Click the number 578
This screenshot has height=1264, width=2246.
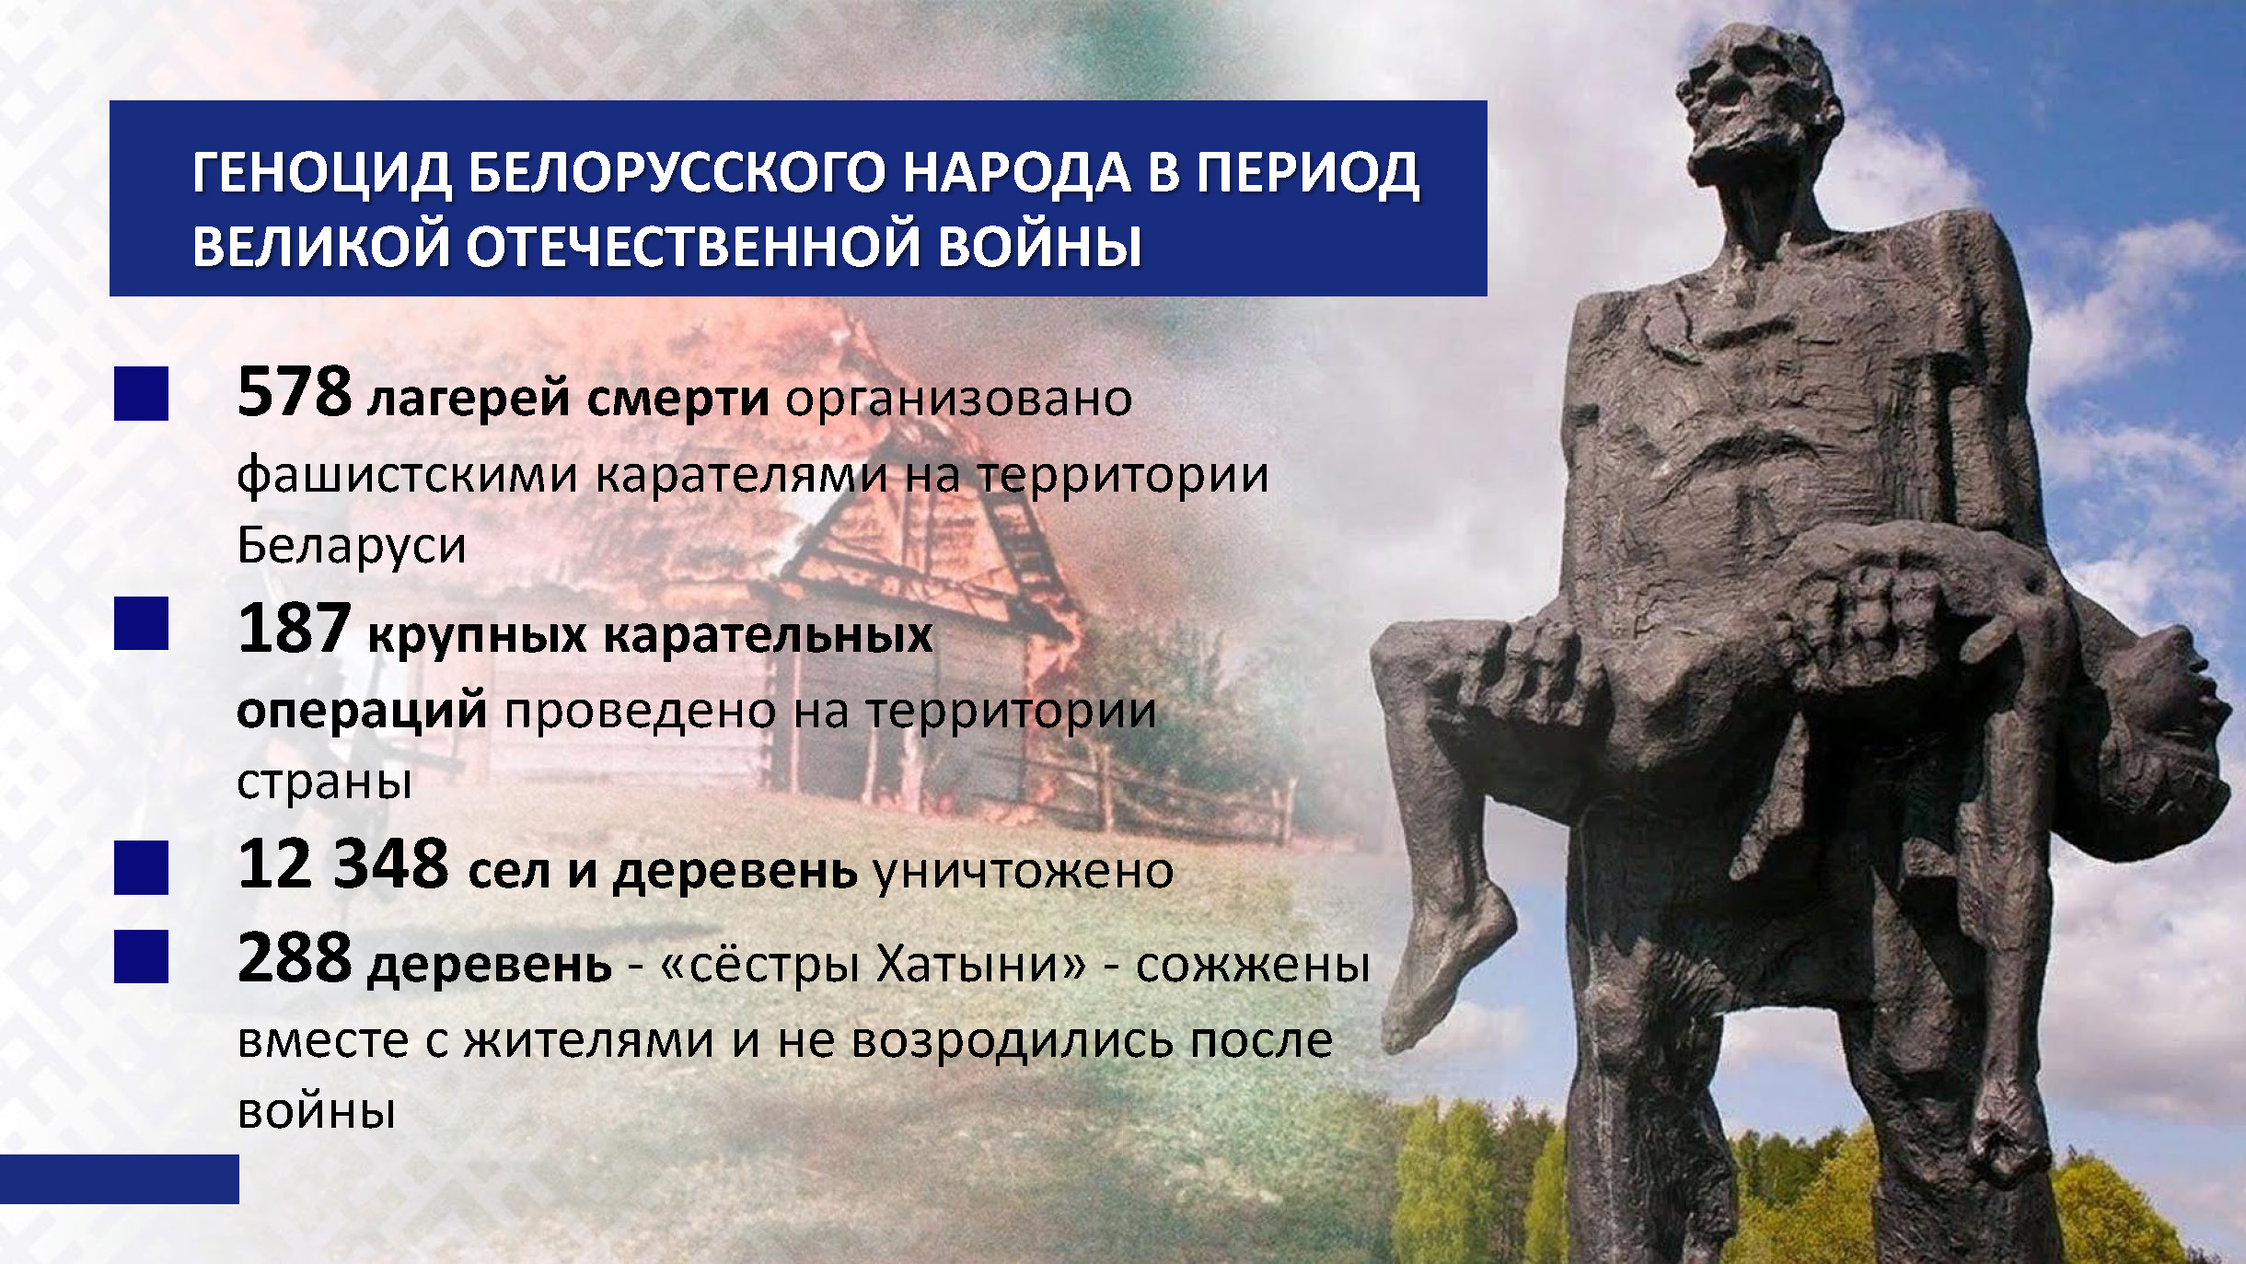click(294, 392)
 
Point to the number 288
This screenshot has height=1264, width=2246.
click(295, 957)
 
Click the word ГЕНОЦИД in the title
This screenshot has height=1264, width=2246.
click(322, 174)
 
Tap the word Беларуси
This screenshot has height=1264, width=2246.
click(352, 545)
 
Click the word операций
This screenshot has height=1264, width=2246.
click(362, 711)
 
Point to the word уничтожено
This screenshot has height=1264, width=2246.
click(1024, 871)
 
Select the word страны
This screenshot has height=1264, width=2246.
click(324, 783)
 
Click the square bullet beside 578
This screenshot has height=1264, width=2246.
click(141, 394)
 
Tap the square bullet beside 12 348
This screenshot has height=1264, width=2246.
click(141, 867)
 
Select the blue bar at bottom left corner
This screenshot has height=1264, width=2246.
click(120, 1179)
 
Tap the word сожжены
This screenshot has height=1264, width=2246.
click(1253, 965)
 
